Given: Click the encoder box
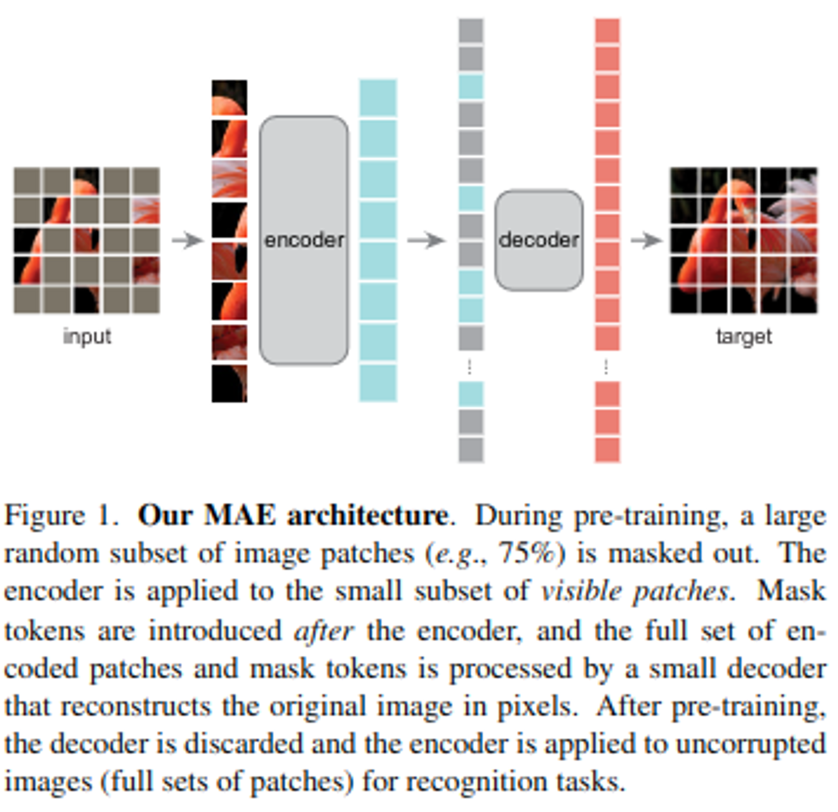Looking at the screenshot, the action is (x=304, y=240).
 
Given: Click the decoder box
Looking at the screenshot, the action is (x=539, y=240).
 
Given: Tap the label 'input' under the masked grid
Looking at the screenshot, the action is (x=87, y=336).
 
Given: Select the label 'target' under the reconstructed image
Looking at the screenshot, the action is (x=744, y=336).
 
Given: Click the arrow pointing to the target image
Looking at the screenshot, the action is (x=647, y=240).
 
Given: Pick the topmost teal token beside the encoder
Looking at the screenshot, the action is (x=378, y=98).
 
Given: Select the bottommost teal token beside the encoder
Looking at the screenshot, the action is (x=378, y=383).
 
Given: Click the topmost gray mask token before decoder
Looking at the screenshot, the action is (x=471, y=30).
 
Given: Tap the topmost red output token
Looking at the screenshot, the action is (x=607, y=30).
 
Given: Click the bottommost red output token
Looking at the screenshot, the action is (x=607, y=450).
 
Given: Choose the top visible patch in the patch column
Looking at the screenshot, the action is (x=229, y=98).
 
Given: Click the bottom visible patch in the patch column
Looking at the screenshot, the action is (x=229, y=383).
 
